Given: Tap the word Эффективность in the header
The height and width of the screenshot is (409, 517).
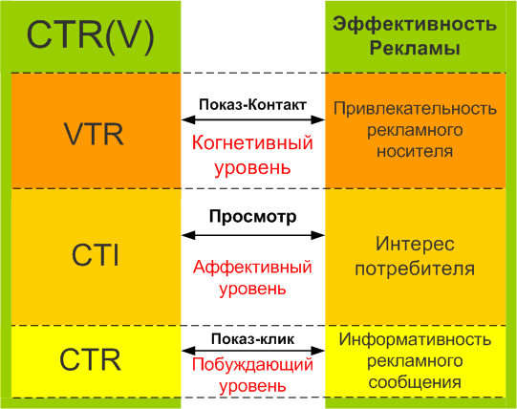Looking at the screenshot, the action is tap(415, 25).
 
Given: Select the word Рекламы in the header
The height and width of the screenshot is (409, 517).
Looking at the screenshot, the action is tap(415, 49).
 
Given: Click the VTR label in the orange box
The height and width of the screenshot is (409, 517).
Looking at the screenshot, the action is tap(94, 134).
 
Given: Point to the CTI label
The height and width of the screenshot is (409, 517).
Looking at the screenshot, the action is tap(95, 255).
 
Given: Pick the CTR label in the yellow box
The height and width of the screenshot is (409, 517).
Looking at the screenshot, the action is tap(91, 360).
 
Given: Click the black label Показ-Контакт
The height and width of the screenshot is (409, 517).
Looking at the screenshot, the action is tap(252, 104).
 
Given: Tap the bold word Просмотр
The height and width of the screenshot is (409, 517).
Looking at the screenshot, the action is tap(253, 217).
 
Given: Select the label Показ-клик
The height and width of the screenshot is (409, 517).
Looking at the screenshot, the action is tap(252, 338).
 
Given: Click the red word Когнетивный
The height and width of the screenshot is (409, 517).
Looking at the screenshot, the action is tap(252, 142).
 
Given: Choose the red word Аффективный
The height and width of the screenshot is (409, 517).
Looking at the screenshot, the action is tap(252, 267).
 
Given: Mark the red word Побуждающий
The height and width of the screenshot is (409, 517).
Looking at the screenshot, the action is tap(252, 365).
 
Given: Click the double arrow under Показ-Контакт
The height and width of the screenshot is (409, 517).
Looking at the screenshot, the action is tap(253, 119).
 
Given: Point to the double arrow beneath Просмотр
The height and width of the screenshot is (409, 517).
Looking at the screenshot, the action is tap(253, 235).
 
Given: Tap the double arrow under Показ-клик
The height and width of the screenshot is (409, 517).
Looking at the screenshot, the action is tap(253, 351).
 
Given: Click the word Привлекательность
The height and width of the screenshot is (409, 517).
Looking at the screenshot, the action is tap(415, 108).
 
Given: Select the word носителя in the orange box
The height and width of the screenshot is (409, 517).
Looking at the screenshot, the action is tap(415, 151).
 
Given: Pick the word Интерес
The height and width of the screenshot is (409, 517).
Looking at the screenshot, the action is tap(415, 245).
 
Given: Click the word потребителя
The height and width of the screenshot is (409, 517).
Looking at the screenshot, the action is tap(415, 269).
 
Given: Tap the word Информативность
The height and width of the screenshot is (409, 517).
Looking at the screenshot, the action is tap(415, 339).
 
